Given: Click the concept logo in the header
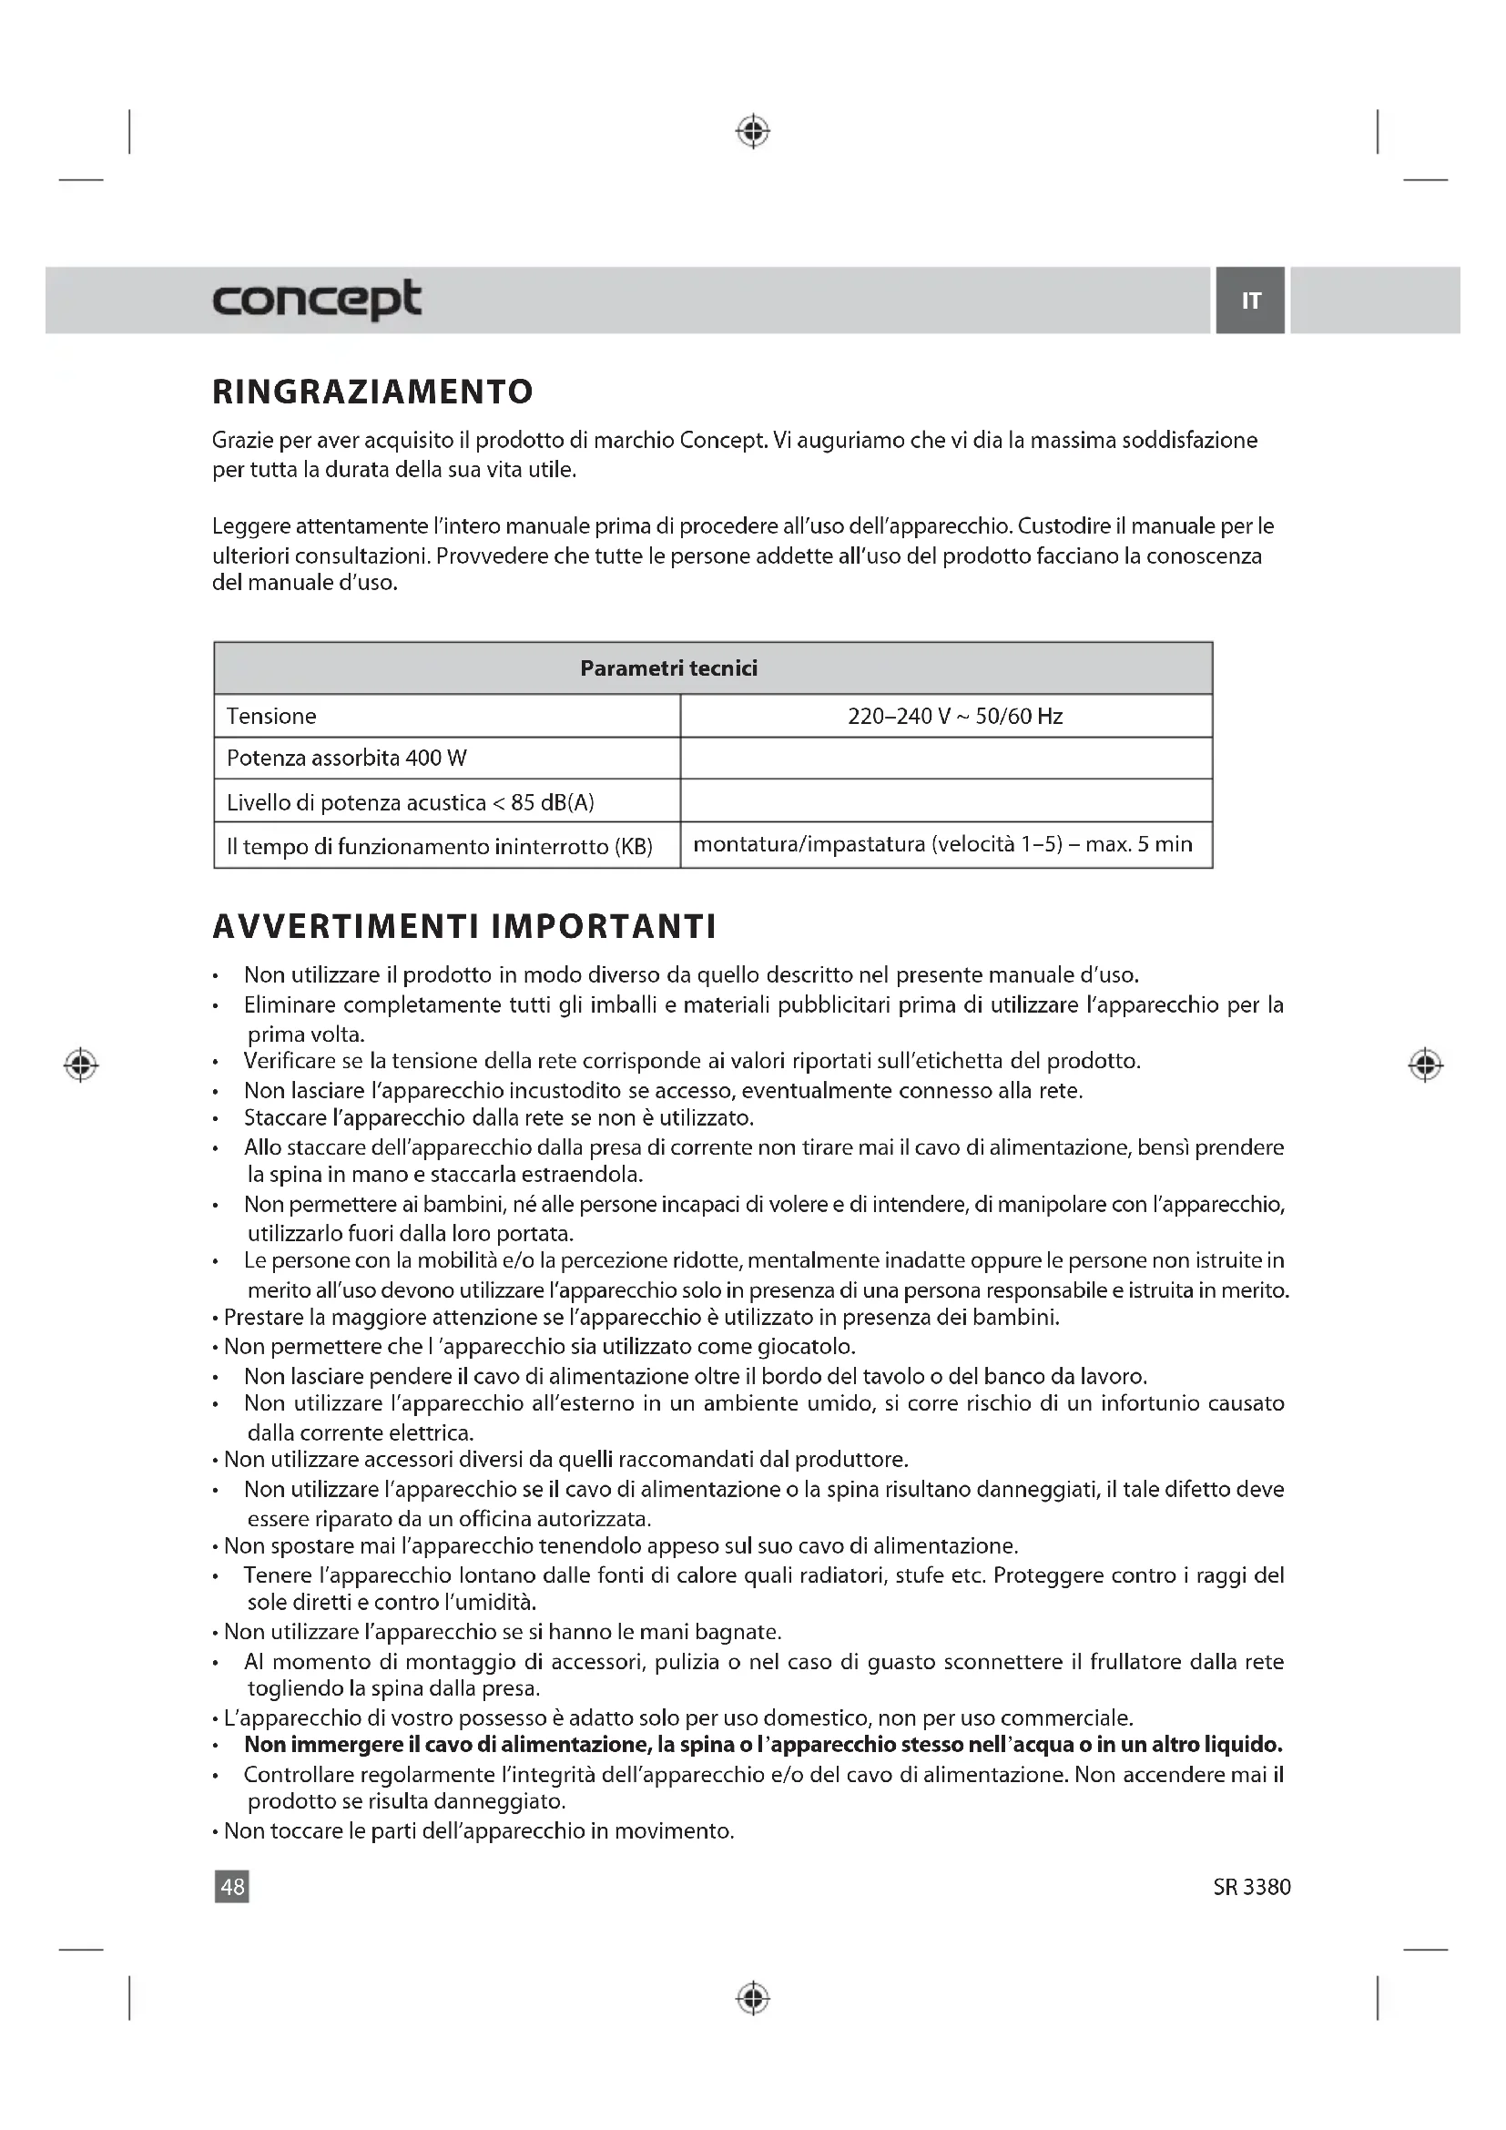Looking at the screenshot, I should (x=316, y=299).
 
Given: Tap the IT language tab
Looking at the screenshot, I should (x=1250, y=301).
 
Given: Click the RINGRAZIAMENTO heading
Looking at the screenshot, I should (x=372, y=392).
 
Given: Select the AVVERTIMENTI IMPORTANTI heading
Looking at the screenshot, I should (x=464, y=926).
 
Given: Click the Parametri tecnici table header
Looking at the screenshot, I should (x=667, y=668).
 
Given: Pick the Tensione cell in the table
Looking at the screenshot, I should (x=271, y=716).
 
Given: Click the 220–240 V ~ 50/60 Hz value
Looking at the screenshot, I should (x=954, y=716).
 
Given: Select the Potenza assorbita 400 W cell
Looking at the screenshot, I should (x=347, y=758).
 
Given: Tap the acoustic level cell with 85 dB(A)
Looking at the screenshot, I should (x=410, y=802).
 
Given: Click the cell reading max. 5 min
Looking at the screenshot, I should (x=943, y=844).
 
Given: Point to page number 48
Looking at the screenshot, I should (x=232, y=1886).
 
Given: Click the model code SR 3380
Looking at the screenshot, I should (x=1251, y=1887).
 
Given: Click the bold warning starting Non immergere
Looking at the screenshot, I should (x=762, y=1744).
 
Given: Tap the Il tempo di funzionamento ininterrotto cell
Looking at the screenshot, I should (x=440, y=846).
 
